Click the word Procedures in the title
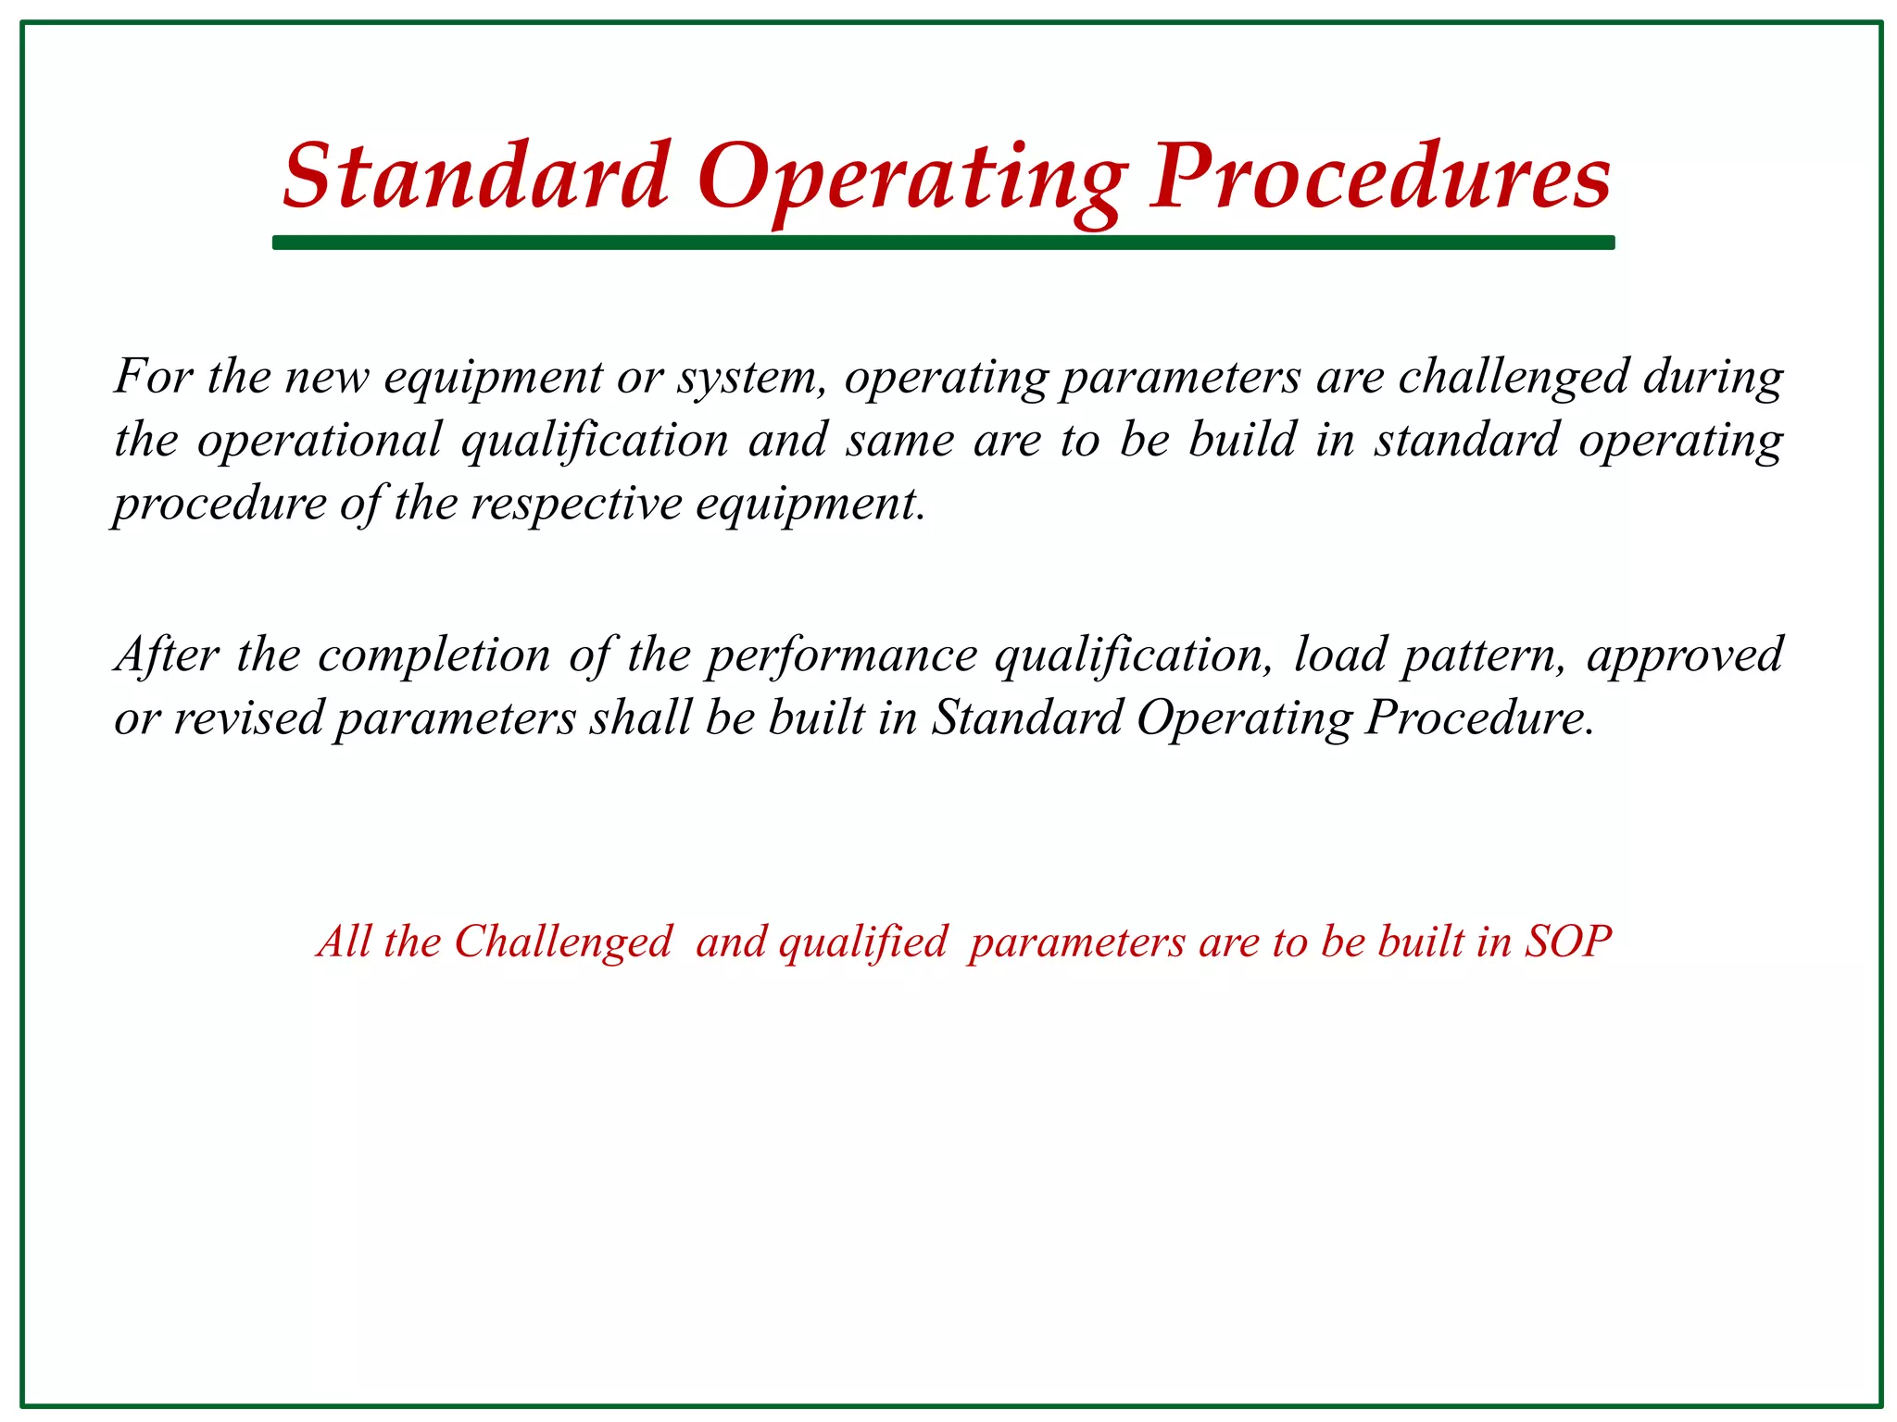click(x=1380, y=176)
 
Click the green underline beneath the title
click(x=943, y=243)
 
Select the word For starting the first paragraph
click(x=153, y=377)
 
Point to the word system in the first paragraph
click(x=748, y=379)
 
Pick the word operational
click(x=320, y=441)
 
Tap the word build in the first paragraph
click(x=1241, y=440)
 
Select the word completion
click(x=433, y=656)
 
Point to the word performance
click(x=841, y=656)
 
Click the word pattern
click(x=1483, y=656)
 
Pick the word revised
click(x=247, y=719)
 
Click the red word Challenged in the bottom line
click(x=562, y=942)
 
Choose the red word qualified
click(x=862, y=942)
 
